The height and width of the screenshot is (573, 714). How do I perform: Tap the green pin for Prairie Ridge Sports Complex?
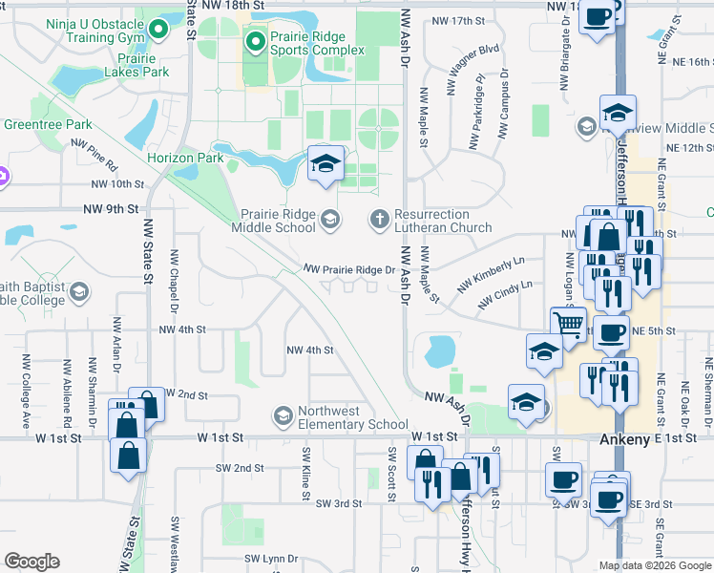point(256,41)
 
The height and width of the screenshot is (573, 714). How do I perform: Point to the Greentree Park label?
point(48,125)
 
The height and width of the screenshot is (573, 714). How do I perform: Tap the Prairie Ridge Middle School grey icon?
point(329,221)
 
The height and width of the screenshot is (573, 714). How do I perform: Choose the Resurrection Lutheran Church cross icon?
point(380,221)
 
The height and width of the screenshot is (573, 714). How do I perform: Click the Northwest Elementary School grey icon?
point(283,416)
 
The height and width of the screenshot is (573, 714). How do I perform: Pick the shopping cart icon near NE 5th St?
point(570,325)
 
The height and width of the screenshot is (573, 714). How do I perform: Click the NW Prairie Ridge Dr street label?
point(349,270)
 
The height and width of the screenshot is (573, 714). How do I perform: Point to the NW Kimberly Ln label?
point(491,274)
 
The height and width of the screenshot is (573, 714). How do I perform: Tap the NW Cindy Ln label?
point(505,296)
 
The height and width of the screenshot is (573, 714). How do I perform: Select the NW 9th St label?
point(111,208)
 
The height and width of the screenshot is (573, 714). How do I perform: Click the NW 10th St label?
point(118,183)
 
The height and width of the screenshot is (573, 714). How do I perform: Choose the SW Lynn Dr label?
point(272,558)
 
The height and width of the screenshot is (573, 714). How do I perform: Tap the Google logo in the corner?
point(31,562)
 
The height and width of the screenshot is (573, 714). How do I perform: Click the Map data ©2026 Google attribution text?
point(654,565)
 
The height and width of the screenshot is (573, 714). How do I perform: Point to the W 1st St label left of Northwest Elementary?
point(222,437)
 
